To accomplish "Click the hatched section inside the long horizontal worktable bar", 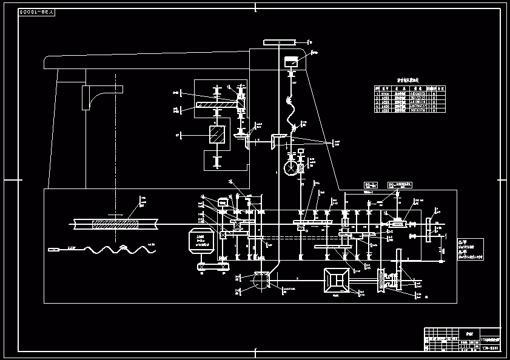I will (x=115, y=224).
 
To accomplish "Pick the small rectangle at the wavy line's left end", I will (x=54, y=249).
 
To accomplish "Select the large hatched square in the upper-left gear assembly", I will (x=216, y=135).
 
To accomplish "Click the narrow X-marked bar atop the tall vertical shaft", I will (x=279, y=42).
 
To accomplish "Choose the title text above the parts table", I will (x=408, y=79).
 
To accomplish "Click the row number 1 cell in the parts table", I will (x=377, y=93).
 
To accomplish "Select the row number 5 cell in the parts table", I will (x=377, y=110).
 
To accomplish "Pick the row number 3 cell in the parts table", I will (x=377, y=102).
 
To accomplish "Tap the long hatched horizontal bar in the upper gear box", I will (x=218, y=105).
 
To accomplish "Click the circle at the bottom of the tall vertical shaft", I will (x=261, y=280).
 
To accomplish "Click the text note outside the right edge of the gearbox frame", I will (x=470, y=249).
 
